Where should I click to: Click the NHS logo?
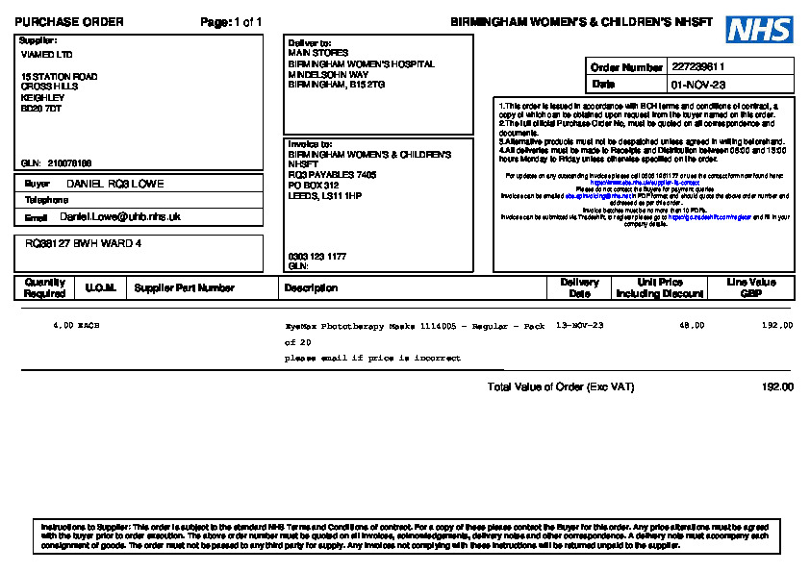click(759, 30)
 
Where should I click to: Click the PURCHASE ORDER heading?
click(69, 22)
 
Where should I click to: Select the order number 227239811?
click(698, 67)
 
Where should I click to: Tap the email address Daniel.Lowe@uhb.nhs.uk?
click(120, 217)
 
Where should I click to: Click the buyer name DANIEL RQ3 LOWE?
click(114, 184)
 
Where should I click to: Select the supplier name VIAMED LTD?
click(46, 55)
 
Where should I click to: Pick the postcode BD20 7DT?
click(41, 109)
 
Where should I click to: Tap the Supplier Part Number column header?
click(185, 287)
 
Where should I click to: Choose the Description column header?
click(311, 287)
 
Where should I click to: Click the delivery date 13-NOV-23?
click(580, 326)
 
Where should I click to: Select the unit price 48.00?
click(692, 326)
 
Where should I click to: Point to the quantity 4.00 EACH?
click(76, 326)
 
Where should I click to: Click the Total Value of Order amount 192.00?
click(777, 387)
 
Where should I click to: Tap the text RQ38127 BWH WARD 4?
click(84, 244)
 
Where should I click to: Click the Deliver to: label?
click(310, 43)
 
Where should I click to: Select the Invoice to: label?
click(310, 144)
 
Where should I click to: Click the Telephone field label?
click(46, 200)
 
